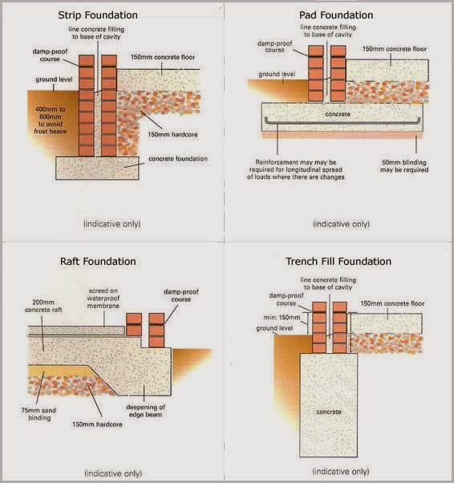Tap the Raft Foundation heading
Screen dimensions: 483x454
pyautogui.click(x=109, y=261)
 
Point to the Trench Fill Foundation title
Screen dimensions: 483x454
pyautogui.click(x=338, y=261)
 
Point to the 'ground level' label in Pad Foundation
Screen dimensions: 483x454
pyautogui.click(x=278, y=74)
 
